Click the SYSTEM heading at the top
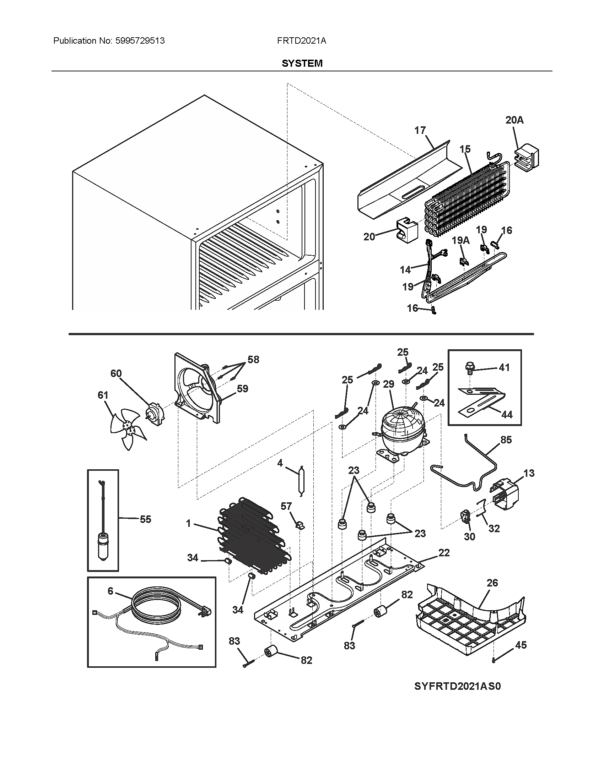click(302, 63)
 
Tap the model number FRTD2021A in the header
click(301, 41)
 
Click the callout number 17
click(420, 130)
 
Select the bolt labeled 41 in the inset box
click(470, 368)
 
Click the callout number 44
click(507, 414)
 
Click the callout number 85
click(506, 439)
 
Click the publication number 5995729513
click(140, 41)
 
